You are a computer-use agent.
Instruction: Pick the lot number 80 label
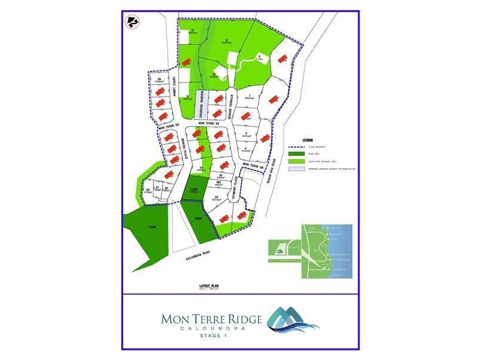tap(148, 190)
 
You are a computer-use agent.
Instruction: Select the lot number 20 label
tap(216, 197)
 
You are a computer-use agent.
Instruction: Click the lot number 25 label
tap(202, 167)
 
